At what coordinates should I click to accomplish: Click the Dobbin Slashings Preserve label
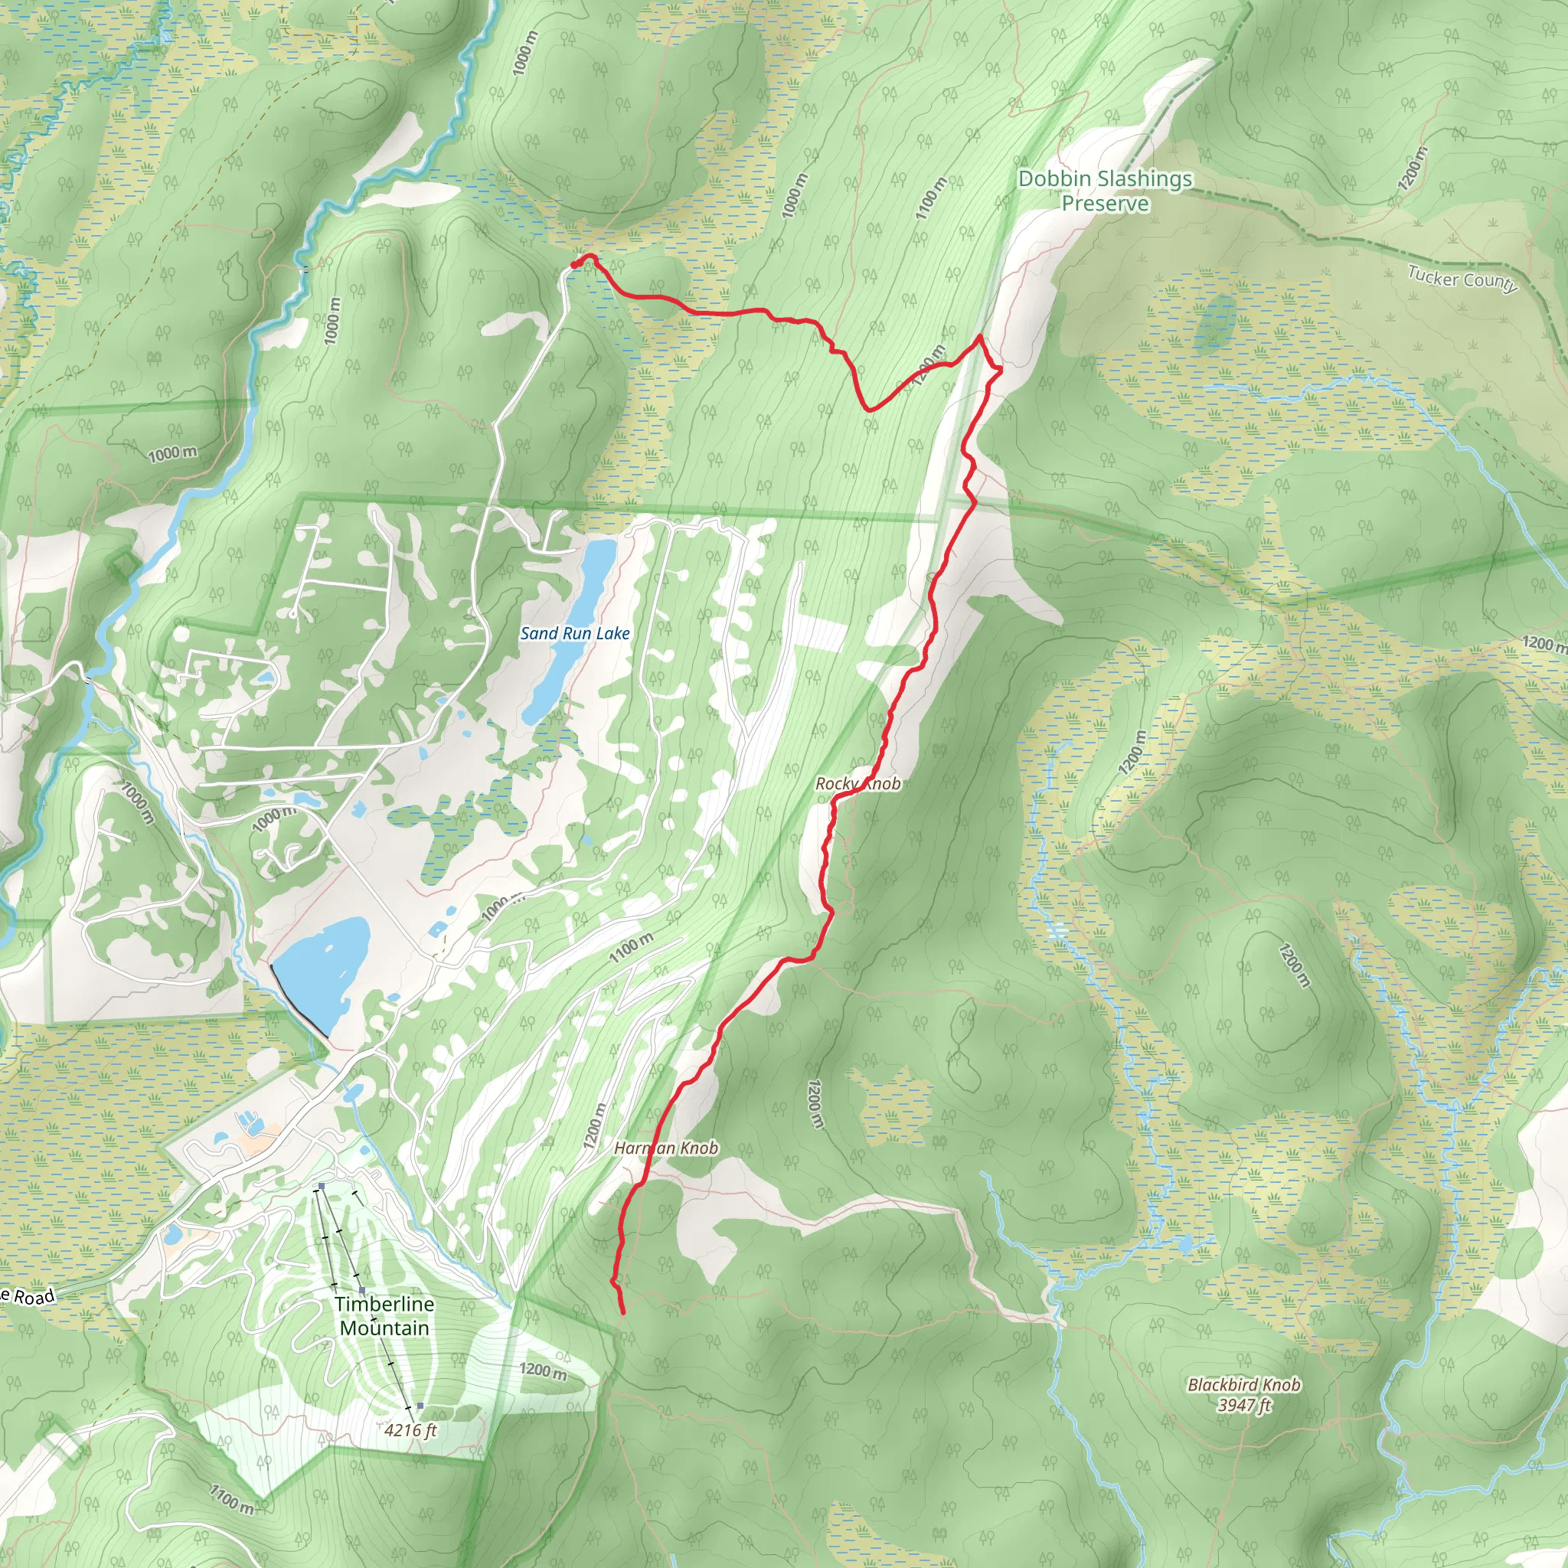pos(1105,191)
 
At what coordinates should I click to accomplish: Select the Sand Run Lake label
pos(575,633)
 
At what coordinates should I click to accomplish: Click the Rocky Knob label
pos(857,783)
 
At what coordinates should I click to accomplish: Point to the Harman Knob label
pos(665,1148)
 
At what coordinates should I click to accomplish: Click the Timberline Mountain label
pos(384,1315)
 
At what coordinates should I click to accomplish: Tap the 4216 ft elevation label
pos(410,1429)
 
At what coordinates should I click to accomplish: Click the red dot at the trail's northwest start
pos(575,265)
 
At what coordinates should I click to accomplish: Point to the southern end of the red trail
pos(622,1312)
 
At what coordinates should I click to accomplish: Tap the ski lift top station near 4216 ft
pos(420,1406)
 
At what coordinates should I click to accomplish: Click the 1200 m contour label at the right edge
pos(1543,644)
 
